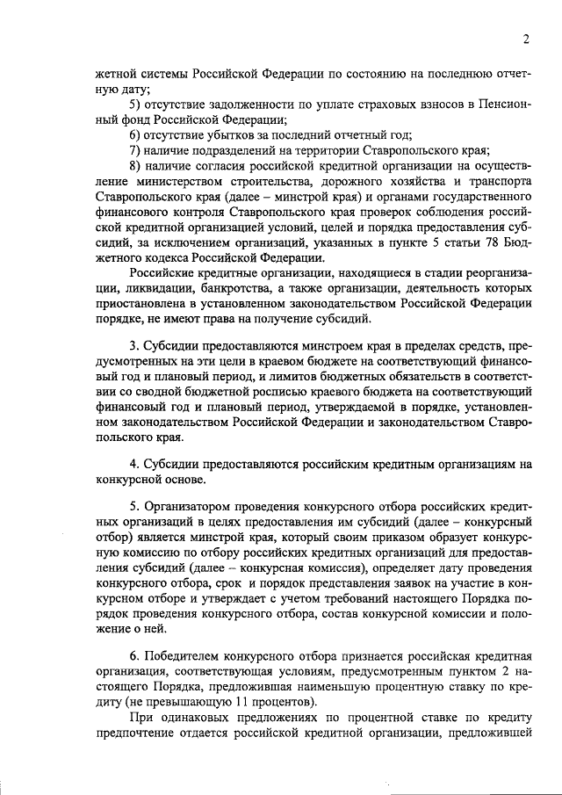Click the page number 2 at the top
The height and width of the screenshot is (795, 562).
coord(524,38)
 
